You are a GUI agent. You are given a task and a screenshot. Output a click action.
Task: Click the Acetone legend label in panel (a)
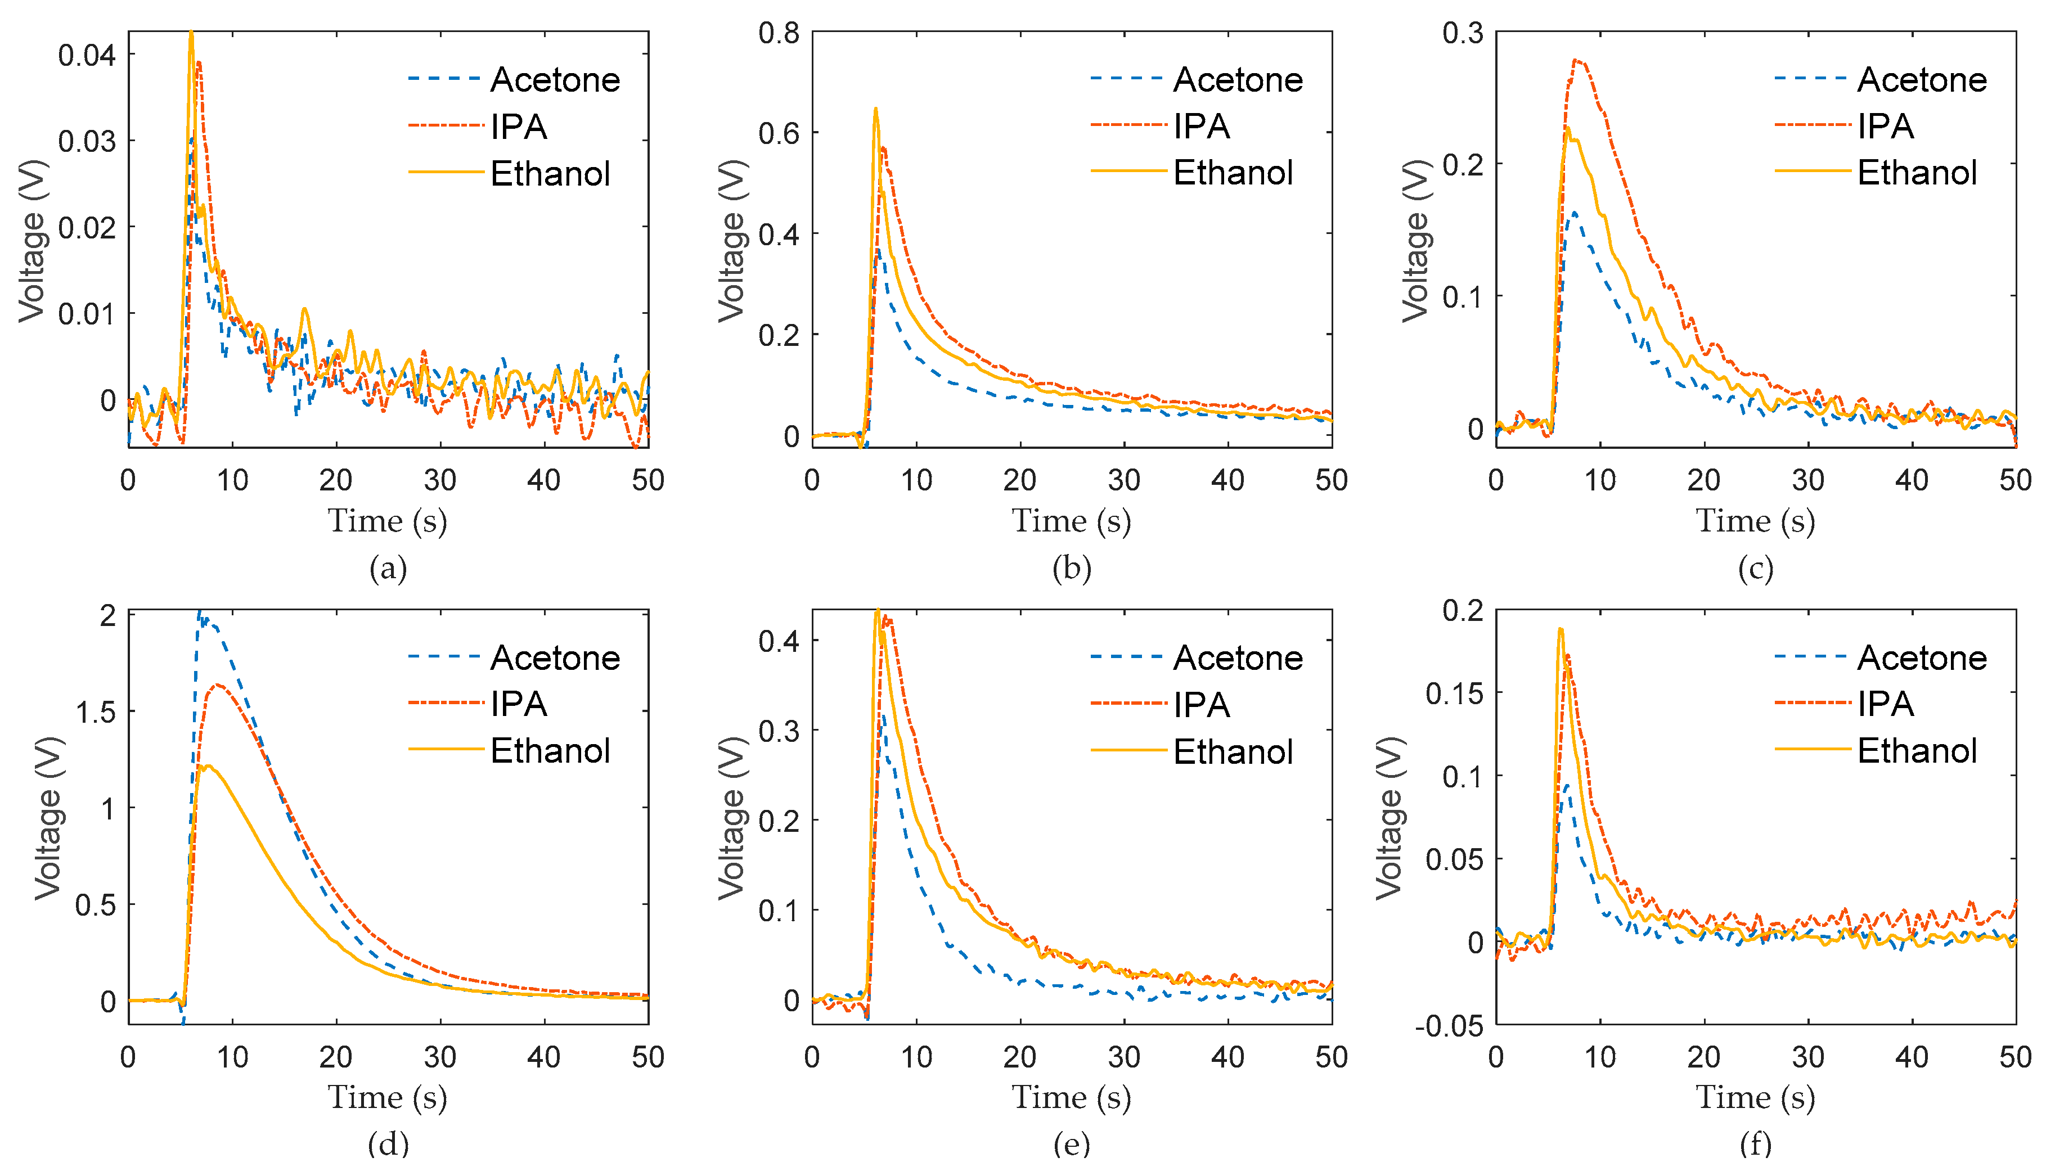click(555, 80)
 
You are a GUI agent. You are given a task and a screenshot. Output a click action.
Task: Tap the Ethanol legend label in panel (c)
click(1917, 173)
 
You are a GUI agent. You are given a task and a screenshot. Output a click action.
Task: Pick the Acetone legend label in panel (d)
click(555, 658)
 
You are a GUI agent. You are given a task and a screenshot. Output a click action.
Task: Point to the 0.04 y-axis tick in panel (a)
click(87, 56)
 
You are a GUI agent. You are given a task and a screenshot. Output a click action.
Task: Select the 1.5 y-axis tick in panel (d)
click(95, 712)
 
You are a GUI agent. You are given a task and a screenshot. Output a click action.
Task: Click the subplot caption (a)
click(388, 569)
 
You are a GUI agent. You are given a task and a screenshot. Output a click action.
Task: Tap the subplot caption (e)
click(1071, 1143)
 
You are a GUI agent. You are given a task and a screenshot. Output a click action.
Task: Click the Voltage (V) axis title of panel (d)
click(48, 817)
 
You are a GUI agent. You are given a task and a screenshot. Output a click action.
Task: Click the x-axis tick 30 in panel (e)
click(1123, 1057)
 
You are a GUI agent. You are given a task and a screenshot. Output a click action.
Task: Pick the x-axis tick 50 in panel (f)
click(2014, 1057)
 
